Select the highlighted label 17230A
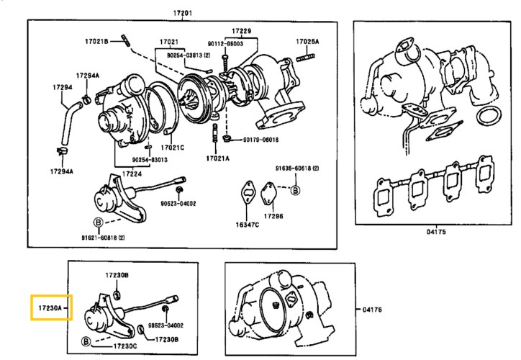click(x=48, y=307)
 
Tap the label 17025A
click(x=307, y=42)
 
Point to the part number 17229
click(x=241, y=32)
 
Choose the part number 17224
click(x=131, y=174)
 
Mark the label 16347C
click(x=248, y=225)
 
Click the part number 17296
click(x=273, y=216)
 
